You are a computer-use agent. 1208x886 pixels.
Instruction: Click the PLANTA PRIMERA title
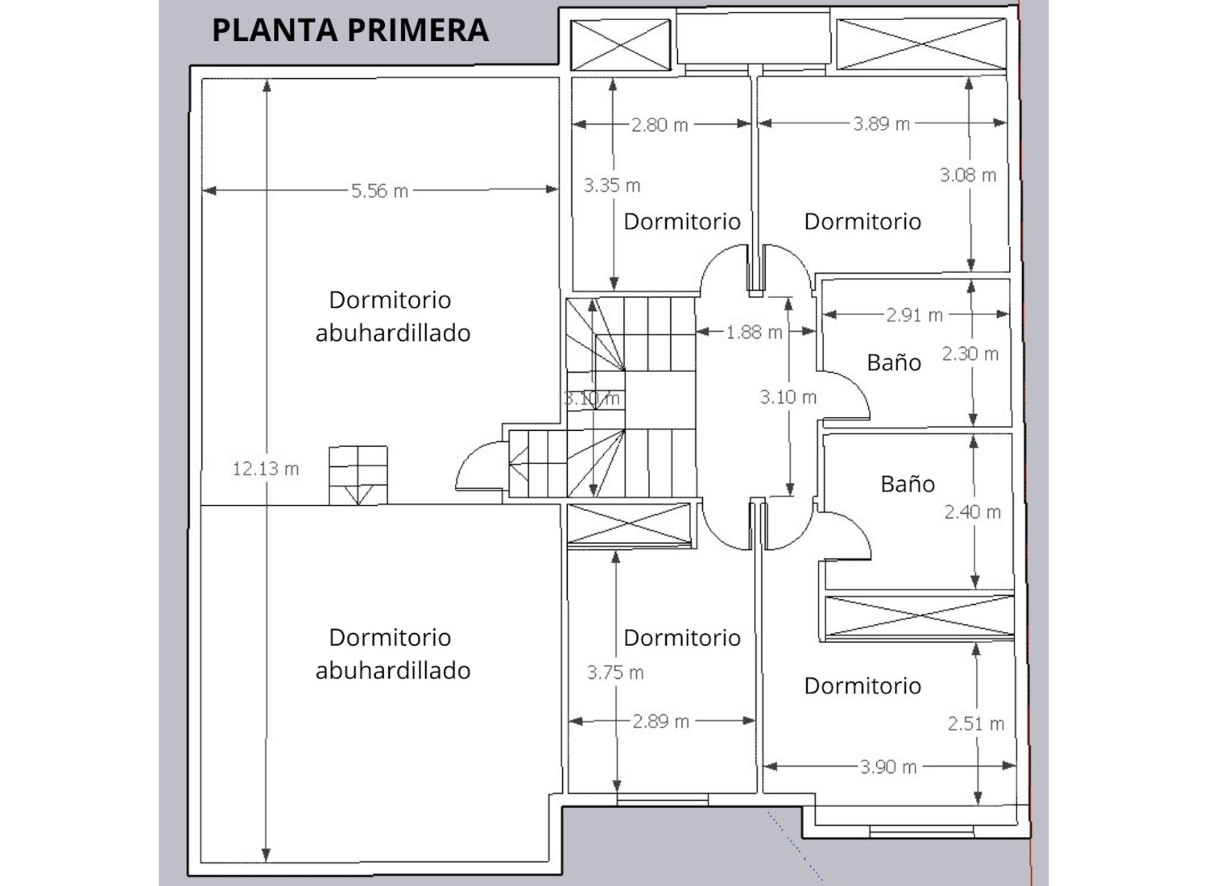350,30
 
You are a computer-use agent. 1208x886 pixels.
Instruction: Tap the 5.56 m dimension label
379,192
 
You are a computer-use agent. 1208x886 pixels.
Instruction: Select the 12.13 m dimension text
265,469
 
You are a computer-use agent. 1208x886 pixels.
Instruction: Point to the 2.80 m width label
660,125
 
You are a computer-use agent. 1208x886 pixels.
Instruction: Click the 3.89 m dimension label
881,124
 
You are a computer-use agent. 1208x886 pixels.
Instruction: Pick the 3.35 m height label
611,185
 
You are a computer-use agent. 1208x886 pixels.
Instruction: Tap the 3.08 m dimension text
967,176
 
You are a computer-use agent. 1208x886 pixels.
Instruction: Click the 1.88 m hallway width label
754,333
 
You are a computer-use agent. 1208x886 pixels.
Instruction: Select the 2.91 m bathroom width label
914,316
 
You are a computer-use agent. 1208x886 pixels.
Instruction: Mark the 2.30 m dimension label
970,354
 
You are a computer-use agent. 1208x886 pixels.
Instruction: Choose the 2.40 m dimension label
972,512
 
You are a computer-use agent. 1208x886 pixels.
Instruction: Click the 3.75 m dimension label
614,673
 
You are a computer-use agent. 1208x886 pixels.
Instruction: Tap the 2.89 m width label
660,722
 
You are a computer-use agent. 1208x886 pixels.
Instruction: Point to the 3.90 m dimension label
888,767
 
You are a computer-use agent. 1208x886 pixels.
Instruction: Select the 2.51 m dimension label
975,724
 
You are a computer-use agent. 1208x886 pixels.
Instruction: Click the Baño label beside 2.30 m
894,362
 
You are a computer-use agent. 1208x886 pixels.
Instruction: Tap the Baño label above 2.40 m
908,484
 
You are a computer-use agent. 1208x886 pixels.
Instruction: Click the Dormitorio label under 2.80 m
681,221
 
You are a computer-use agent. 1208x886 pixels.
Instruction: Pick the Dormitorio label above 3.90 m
863,686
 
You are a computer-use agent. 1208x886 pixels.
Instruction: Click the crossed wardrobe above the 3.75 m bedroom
629,524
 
